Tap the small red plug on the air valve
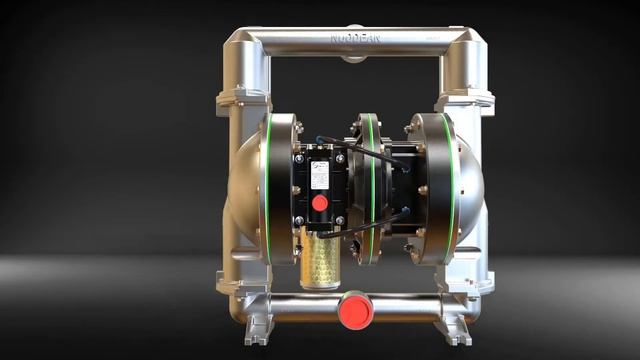tap(319, 203)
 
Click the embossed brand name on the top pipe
tap(357, 40)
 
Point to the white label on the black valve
tap(320, 175)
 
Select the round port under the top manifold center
tap(353, 57)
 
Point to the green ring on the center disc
tap(372, 190)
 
